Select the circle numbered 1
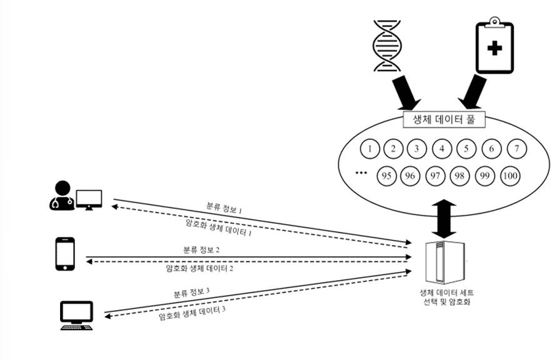pos(371,149)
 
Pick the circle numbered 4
pos(442,149)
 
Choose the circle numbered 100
pos(510,176)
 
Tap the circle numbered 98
pos(461,176)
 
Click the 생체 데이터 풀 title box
pos(441,119)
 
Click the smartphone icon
pos(65,253)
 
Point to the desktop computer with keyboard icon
pos(76,315)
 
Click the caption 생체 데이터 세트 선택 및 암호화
pos(445,296)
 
